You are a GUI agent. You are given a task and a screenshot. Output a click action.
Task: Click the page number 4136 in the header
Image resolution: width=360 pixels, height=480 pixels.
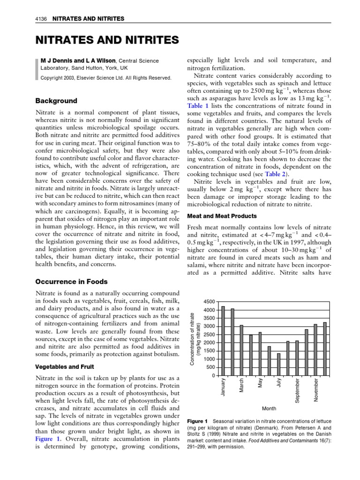[x=43, y=19]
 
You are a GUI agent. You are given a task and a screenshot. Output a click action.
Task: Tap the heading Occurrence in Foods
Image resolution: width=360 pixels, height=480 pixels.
[x=72, y=282]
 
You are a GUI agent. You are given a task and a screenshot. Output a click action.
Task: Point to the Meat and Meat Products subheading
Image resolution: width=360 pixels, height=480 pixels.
[x=222, y=216]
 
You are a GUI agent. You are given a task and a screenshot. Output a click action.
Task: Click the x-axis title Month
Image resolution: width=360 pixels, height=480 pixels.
[x=269, y=408]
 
